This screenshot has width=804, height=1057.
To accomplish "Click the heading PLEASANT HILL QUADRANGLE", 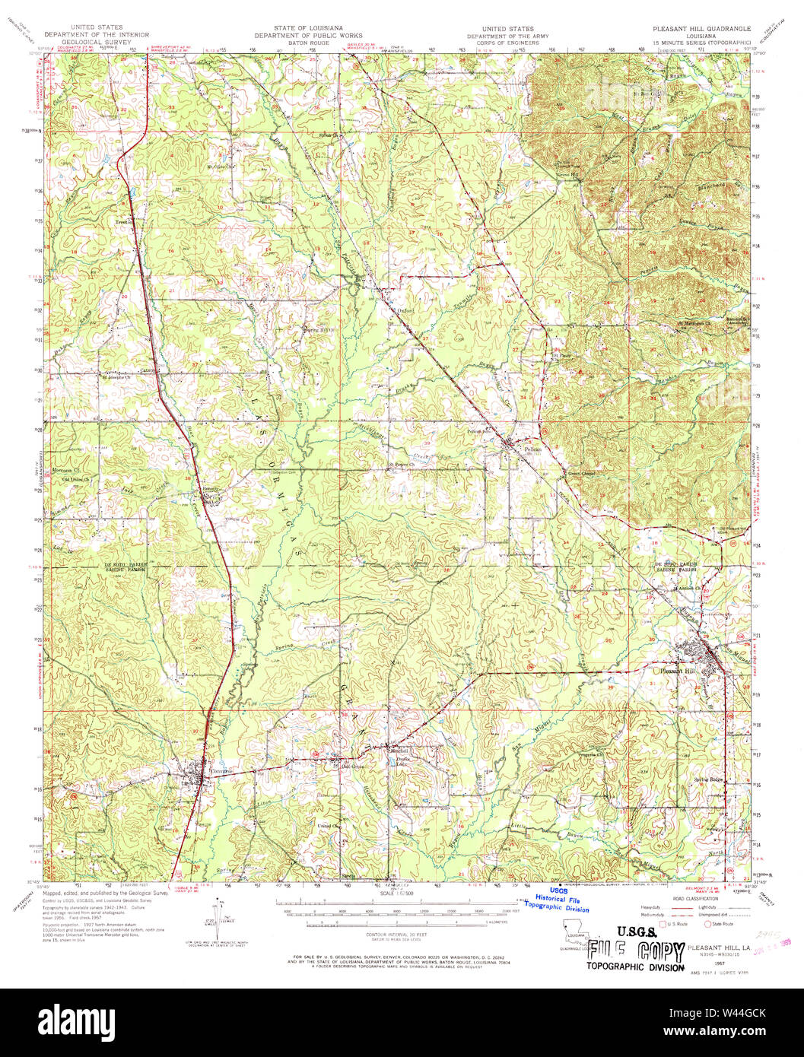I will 701,28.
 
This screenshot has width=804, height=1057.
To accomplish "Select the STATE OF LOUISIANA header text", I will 308,28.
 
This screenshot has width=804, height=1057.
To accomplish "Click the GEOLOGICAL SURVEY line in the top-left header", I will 96,42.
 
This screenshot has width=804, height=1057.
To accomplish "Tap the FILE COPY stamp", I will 635,950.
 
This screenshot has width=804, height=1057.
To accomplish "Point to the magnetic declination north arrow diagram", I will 221,922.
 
